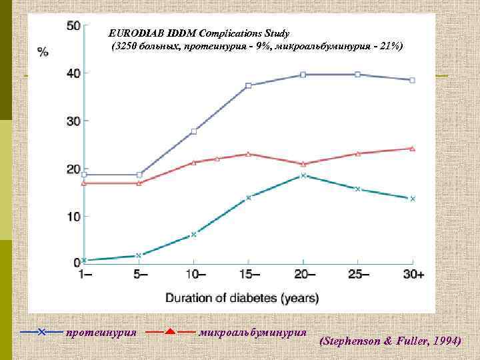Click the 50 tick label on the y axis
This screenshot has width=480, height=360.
point(72,26)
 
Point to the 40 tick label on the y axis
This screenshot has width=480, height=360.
point(72,73)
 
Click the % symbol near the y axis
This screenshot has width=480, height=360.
point(43,51)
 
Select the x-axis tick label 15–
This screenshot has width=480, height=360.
point(248,275)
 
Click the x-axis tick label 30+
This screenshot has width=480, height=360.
point(413,275)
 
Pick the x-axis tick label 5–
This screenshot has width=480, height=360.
point(139,275)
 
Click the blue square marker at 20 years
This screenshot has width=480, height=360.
point(303,75)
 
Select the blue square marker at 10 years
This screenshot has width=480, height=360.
point(193,131)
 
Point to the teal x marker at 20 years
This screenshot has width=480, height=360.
point(303,175)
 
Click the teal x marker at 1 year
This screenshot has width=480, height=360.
point(84,260)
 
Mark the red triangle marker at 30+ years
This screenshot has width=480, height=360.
point(412,148)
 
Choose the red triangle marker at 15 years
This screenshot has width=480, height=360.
point(248,153)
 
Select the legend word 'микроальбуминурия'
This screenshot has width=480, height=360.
point(253,331)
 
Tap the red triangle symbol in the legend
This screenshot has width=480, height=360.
point(170,331)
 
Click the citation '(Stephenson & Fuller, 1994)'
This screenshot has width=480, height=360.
point(390,341)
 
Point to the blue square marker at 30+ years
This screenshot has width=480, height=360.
point(412,80)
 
